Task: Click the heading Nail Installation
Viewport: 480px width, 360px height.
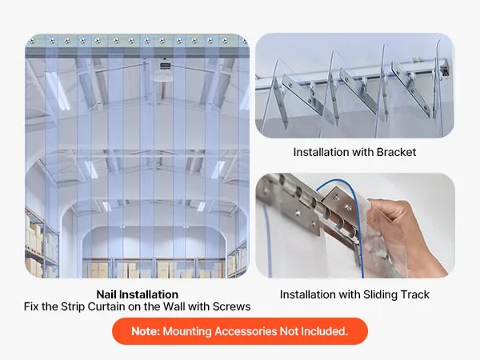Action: (137, 294)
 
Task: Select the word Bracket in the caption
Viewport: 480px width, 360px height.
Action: (396, 152)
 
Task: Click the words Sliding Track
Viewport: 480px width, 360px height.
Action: (396, 294)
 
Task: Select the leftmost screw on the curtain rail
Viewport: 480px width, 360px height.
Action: (32, 41)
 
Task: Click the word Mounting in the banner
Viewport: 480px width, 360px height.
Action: (187, 332)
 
